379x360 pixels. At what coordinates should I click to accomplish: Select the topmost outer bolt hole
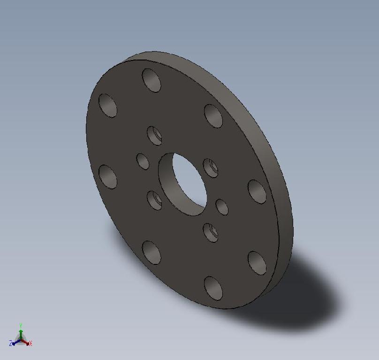pyautogui.click(x=152, y=80)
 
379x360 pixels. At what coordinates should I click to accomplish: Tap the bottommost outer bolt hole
pyautogui.click(x=213, y=288)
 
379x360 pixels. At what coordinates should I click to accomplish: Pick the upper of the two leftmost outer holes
pyautogui.click(x=108, y=105)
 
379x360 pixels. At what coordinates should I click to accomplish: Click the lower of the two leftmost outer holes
pyautogui.click(x=108, y=177)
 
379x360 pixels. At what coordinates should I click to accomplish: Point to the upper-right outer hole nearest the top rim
pyautogui.click(x=213, y=116)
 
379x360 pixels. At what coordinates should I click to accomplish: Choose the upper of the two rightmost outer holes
pyautogui.click(x=257, y=191)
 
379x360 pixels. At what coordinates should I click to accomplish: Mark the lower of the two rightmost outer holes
pyautogui.click(x=257, y=262)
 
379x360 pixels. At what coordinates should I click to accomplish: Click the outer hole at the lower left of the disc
pyautogui.click(x=152, y=253)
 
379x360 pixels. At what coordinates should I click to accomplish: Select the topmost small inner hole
pyautogui.click(x=155, y=135)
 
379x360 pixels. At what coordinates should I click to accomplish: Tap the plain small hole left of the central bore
pyautogui.click(x=143, y=161)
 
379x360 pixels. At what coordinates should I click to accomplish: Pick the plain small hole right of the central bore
pyautogui.click(x=222, y=207)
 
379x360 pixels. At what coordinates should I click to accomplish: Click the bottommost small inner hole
pyautogui.click(x=211, y=232)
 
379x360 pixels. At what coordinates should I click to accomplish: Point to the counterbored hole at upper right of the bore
pyautogui.click(x=210, y=168)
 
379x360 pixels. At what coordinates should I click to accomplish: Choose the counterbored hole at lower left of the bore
pyautogui.click(x=155, y=200)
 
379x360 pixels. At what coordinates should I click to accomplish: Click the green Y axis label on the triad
pyautogui.click(x=21, y=325)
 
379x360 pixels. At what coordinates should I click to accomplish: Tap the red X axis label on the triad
pyautogui.click(x=30, y=344)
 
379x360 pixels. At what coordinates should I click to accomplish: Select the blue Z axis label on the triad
pyautogui.click(x=10, y=344)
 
